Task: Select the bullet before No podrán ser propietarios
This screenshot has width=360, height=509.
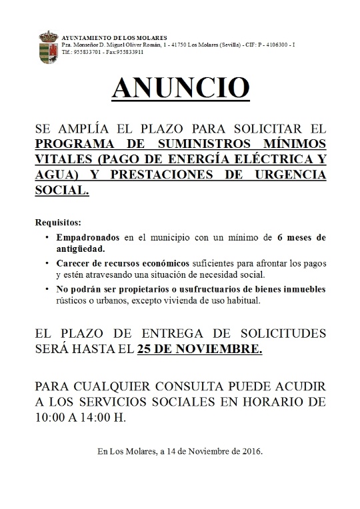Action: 47,289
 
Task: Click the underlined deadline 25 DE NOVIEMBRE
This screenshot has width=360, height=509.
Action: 198,348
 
